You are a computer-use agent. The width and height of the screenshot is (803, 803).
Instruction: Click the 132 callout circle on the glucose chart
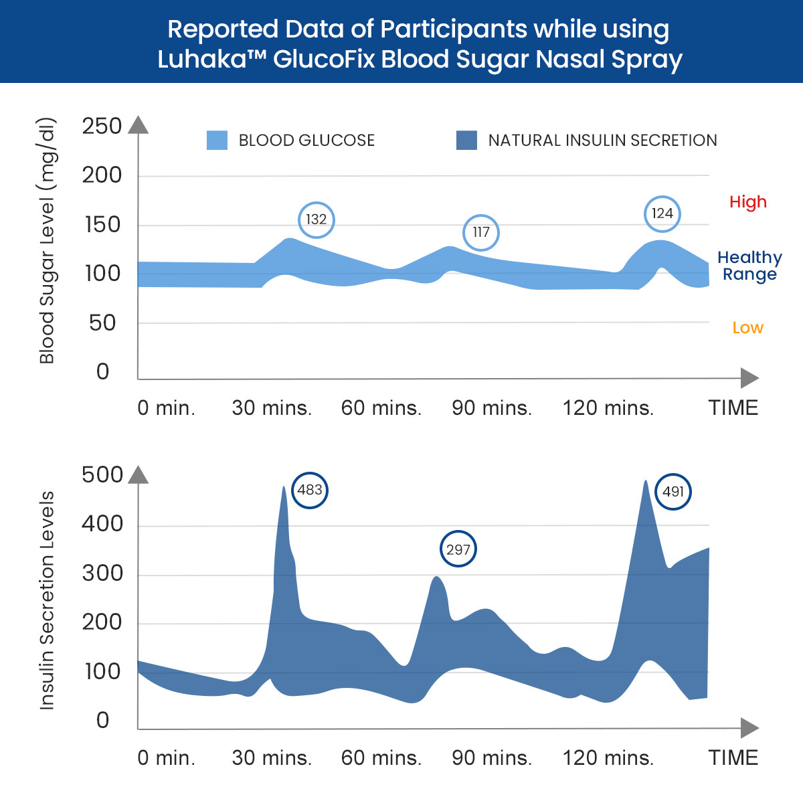[316, 219]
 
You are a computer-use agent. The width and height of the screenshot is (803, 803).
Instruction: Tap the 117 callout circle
[481, 232]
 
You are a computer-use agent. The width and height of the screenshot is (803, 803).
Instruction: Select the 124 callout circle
[662, 213]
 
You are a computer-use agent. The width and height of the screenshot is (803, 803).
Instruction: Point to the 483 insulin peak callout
[310, 490]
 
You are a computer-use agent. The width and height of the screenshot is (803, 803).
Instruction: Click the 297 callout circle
[458, 549]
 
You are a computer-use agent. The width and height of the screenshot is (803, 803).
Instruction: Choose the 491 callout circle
[673, 492]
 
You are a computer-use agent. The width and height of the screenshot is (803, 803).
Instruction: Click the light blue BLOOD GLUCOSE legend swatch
[217, 140]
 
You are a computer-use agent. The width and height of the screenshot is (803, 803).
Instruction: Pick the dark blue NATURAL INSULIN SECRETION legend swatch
[466, 140]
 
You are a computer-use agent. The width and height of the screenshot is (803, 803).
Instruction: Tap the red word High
[748, 202]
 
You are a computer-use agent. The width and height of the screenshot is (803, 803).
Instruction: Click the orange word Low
[747, 328]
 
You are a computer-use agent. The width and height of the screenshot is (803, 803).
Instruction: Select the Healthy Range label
[749, 266]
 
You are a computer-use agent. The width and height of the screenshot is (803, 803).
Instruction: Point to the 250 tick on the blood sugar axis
[102, 126]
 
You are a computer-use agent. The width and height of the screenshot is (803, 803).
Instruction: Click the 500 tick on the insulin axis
[102, 474]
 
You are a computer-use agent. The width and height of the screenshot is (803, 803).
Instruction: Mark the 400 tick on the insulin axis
[102, 524]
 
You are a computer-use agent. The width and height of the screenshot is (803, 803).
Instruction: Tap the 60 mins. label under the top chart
[381, 408]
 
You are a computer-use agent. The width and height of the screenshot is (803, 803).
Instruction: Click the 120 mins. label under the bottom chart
[608, 758]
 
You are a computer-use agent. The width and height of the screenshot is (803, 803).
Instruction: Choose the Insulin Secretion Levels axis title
[47, 600]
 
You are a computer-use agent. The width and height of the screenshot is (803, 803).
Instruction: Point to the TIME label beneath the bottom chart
[733, 758]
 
